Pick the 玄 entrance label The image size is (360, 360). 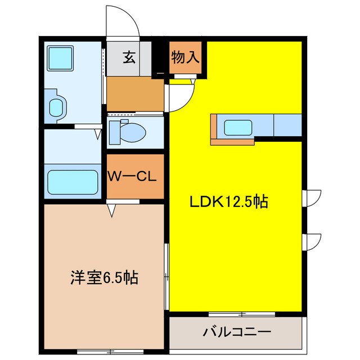pos(129,57)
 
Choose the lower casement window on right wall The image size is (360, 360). pos(311,241)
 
